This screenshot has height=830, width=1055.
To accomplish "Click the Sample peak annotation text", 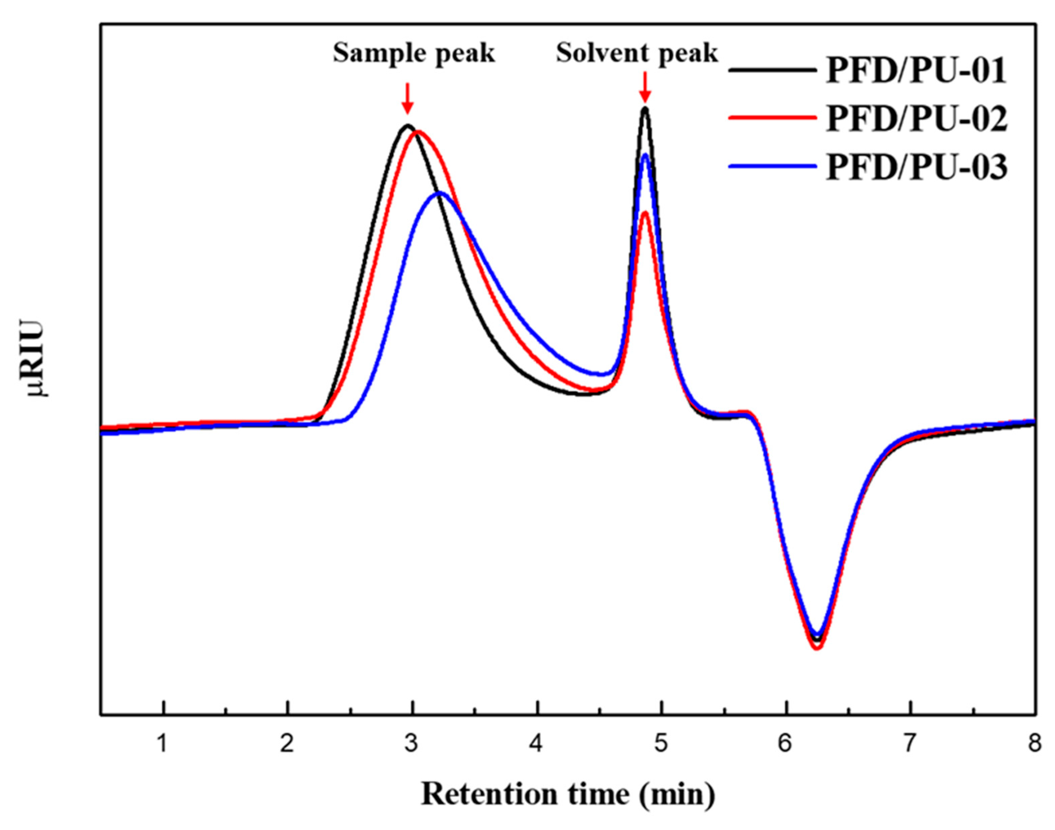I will coord(414,53).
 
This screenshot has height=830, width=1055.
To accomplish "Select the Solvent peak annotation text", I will coord(637,53).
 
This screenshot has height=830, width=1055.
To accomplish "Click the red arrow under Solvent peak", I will coord(645,87).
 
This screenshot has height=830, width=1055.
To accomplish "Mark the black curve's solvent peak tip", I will coord(645,108).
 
